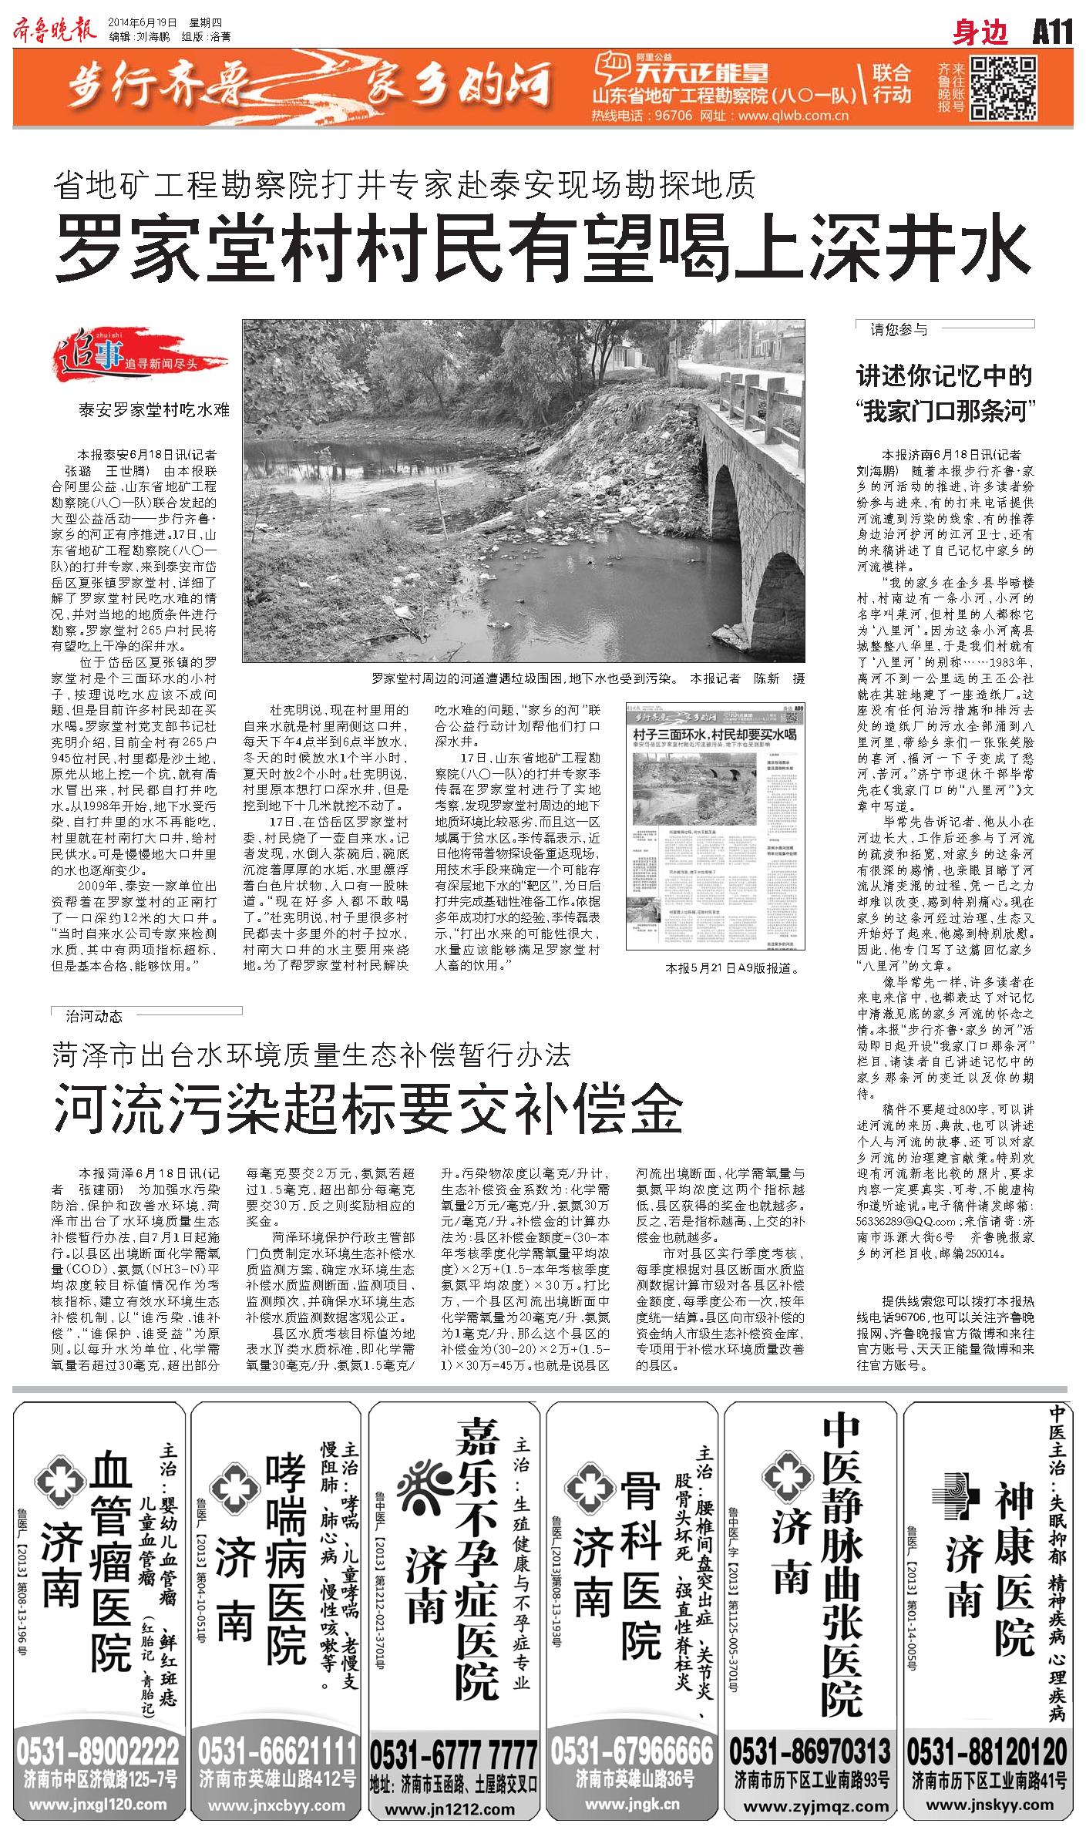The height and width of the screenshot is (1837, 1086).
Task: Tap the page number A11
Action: click(1052, 34)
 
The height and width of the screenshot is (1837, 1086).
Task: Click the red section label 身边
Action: click(980, 34)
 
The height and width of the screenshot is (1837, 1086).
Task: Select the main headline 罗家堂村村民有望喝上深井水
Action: click(542, 248)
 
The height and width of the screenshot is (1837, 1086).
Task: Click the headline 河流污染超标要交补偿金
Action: click(368, 1108)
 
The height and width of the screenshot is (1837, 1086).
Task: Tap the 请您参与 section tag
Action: click(899, 329)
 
